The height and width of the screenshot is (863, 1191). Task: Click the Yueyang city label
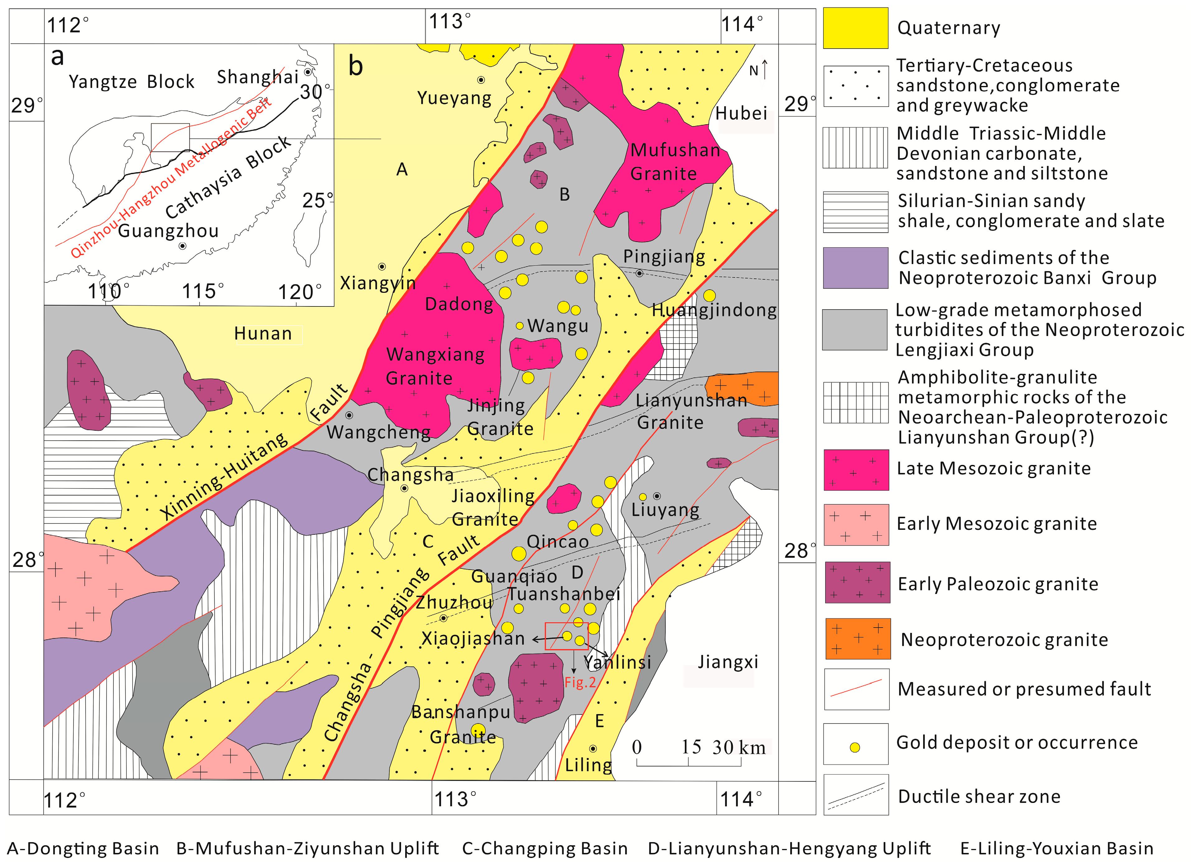pos(454,98)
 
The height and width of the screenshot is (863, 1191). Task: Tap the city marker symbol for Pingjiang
pos(639,273)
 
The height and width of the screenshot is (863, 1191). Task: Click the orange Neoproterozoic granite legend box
pos(857,639)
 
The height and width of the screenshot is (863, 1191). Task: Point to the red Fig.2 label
pos(580,682)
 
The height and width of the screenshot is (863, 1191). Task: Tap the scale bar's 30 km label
pos(738,747)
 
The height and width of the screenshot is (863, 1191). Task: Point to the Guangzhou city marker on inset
pos(182,246)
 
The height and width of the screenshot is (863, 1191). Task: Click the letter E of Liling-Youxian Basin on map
pos(599,721)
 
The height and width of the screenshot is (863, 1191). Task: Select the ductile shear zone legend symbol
pos(856,796)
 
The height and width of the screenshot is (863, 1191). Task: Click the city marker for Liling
pos(593,748)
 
